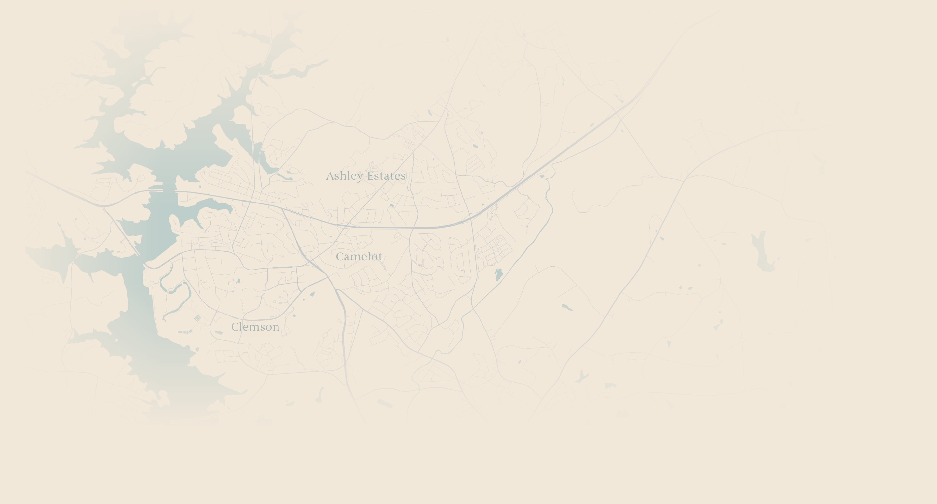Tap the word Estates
point(386,176)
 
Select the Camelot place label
point(359,257)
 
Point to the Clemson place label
point(255,327)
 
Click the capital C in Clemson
point(235,327)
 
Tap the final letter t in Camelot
point(380,257)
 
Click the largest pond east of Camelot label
point(499,274)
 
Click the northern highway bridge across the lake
point(169,190)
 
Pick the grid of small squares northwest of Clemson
point(197,318)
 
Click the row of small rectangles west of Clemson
point(184,332)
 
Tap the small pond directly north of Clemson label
point(238,281)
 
